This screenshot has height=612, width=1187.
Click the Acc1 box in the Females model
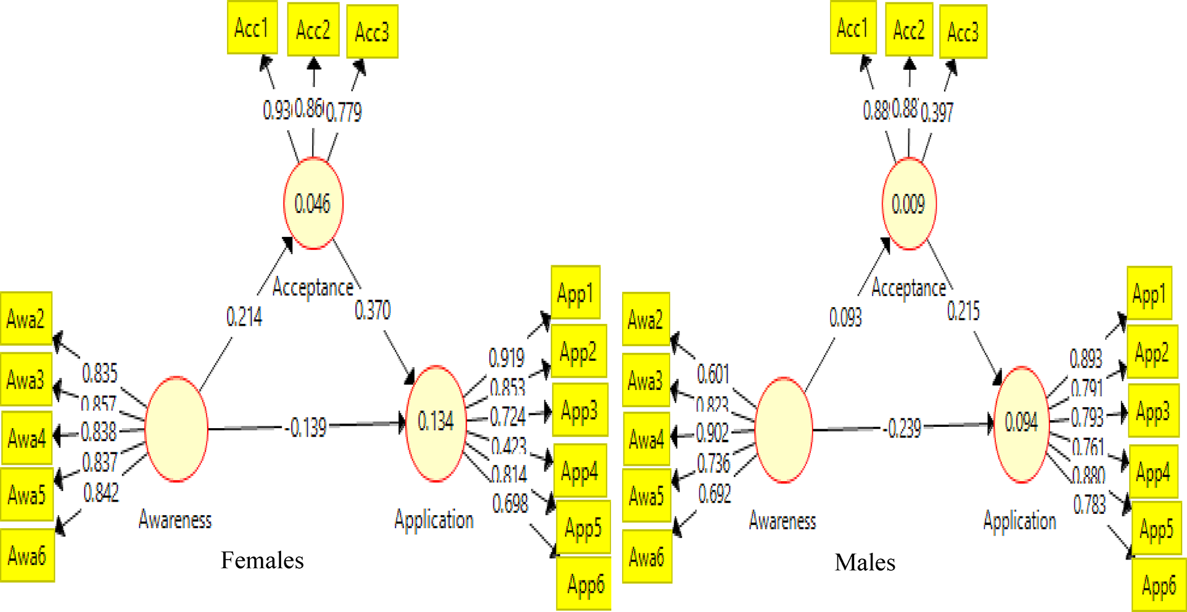252,28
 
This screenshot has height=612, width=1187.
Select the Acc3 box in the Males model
963,31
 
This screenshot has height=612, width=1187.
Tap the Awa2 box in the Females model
26,319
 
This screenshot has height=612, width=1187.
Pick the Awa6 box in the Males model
647,556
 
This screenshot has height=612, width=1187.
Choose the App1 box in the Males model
1149,294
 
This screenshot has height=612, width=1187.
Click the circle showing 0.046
313,204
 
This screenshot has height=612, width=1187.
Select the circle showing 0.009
909,204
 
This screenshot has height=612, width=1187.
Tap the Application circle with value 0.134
435,422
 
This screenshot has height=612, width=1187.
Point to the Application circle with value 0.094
1021,423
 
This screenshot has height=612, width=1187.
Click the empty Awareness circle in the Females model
176,429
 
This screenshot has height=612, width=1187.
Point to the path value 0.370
372,310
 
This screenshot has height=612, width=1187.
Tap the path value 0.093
845,317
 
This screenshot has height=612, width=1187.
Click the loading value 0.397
937,112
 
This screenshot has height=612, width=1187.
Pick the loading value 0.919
506,357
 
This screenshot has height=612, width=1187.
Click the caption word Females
262,560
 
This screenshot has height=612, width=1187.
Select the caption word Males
865,562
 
